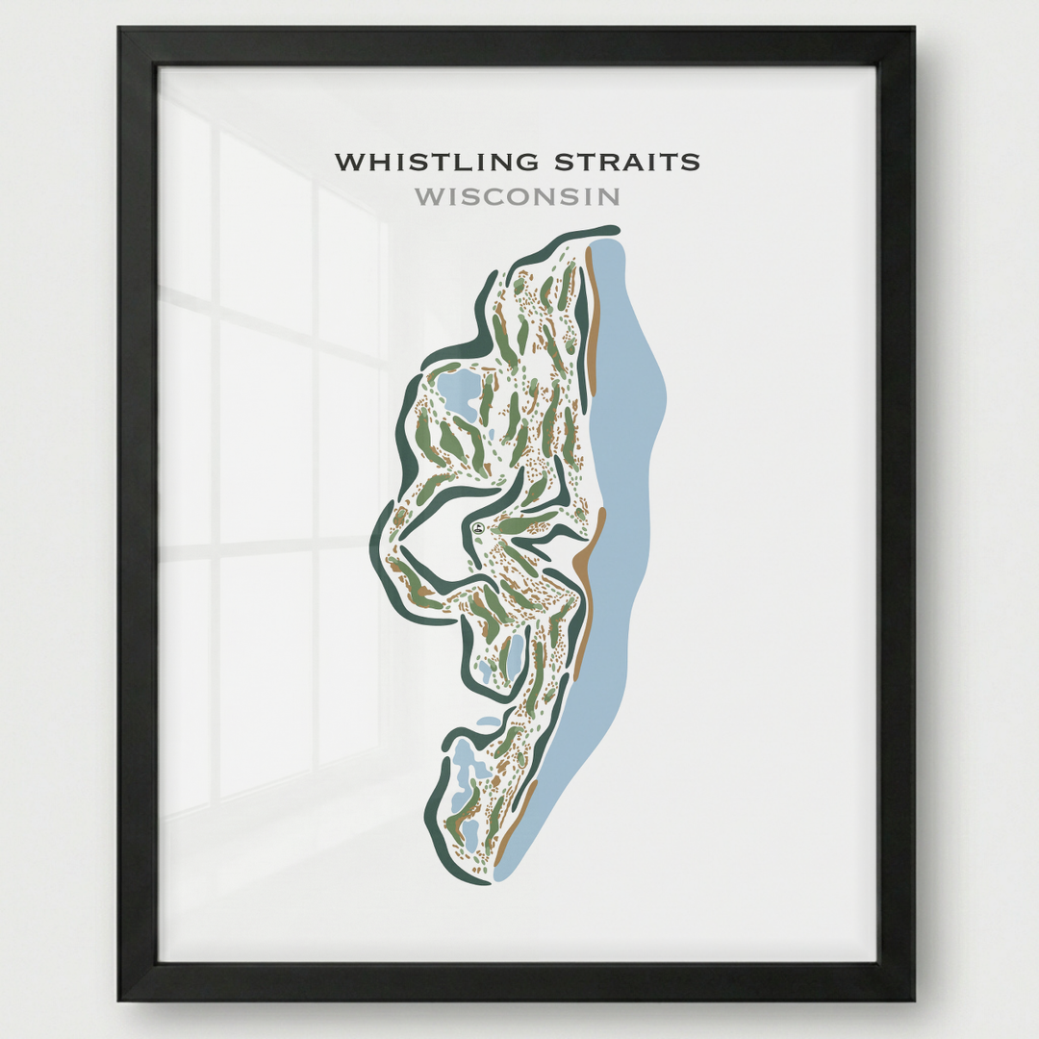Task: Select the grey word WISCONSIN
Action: tap(517, 197)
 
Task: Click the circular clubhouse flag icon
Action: tap(478, 527)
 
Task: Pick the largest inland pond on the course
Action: tap(457, 389)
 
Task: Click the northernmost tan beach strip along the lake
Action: tap(592, 327)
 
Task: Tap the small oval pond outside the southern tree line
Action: tap(490, 722)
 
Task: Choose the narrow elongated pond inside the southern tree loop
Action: tap(516, 654)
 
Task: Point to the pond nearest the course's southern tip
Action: tap(471, 833)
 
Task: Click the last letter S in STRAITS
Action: tap(693, 163)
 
